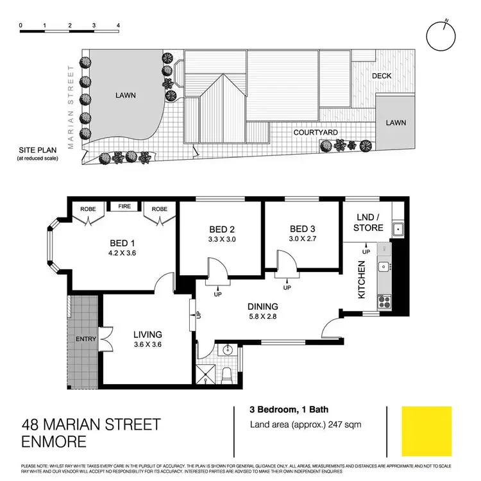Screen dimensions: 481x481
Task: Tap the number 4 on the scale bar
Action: pos(119,26)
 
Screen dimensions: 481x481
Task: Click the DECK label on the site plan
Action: pos(382,76)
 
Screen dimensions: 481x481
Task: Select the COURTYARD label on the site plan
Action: pos(316,133)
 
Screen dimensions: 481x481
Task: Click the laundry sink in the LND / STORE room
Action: pos(398,228)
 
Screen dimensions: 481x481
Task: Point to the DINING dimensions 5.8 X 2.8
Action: pos(262,316)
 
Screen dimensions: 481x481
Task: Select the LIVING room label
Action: pos(148,334)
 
